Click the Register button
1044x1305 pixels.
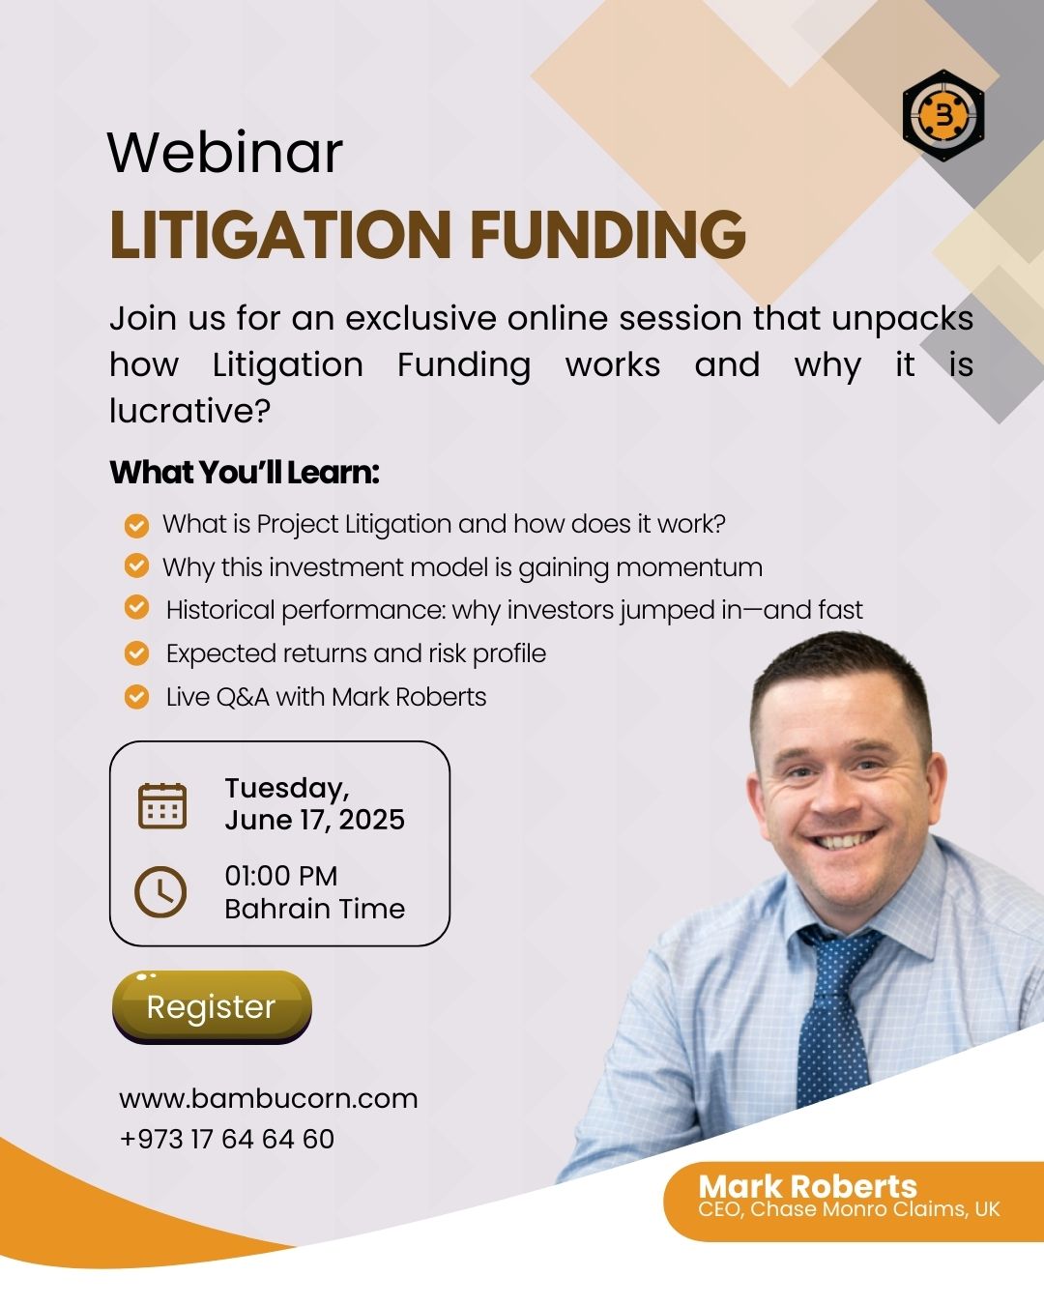tap(212, 1006)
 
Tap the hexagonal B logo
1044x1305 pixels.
tap(942, 115)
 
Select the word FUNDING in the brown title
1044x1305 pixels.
tap(608, 235)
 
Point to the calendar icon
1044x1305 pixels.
tap(162, 806)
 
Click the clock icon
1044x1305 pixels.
tap(160, 892)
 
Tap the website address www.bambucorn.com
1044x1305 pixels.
tap(268, 1098)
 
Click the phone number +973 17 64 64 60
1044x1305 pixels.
tap(227, 1138)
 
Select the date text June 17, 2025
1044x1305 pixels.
tap(314, 820)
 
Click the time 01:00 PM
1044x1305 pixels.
tap(281, 876)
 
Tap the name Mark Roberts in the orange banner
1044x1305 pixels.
tap(807, 1186)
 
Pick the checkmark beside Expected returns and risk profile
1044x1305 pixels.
tap(136, 653)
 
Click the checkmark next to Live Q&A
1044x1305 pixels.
tap(136, 697)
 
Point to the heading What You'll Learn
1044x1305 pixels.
tap(245, 473)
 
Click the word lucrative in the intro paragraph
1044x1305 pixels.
tap(189, 411)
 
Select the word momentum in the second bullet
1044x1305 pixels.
tap(689, 567)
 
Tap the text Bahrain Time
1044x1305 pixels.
tap(315, 909)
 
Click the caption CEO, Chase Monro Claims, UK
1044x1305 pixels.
tap(849, 1209)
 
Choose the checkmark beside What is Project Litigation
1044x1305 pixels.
tap(136, 526)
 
